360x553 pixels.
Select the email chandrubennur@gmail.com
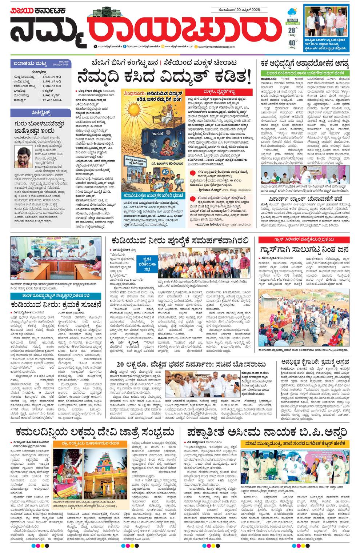[95, 95]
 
